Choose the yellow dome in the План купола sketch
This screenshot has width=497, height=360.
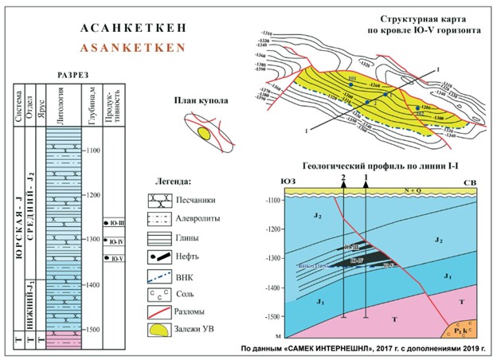coord(205,134)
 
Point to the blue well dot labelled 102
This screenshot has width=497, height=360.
coord(417,108)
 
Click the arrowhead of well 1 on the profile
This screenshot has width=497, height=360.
coord(366,183)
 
